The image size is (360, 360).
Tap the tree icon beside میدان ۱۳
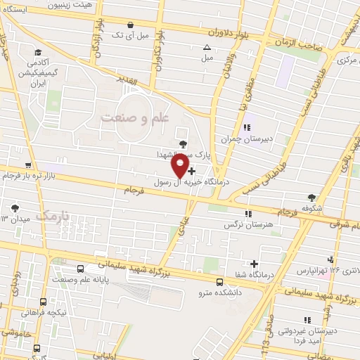click(15, 208)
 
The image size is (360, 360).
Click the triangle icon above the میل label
click(207, 48)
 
